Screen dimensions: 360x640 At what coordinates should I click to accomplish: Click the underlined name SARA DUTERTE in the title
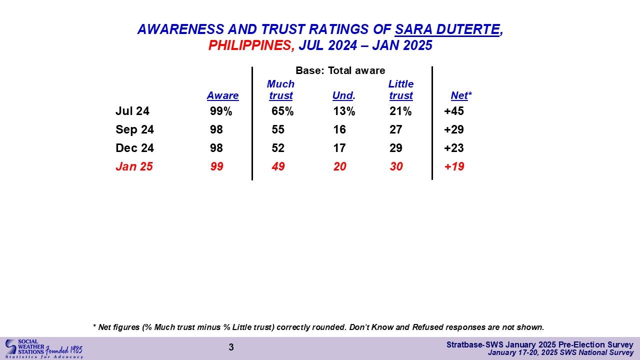coord(447,29)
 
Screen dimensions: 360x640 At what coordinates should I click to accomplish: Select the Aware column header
coord(222,95)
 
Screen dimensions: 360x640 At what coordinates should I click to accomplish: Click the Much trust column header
coord(280,89)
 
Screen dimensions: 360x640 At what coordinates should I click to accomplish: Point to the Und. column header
coord(343,95)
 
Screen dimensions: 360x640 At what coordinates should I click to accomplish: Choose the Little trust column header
coord(401,89)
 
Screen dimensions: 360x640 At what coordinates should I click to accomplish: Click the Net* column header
coord(461,95)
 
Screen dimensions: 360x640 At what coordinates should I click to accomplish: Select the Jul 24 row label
coord(132,111)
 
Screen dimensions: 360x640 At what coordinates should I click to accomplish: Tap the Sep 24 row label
coord(134,130)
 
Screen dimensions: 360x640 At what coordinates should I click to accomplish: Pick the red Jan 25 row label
coord(134,167)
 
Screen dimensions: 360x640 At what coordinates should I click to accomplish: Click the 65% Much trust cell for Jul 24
coord(282,111)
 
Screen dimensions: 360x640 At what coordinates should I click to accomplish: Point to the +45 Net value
coord(454,111)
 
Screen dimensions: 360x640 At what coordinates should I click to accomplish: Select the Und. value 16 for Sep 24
coord(339,130)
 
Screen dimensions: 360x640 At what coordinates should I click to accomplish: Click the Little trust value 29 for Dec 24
coord(396,148)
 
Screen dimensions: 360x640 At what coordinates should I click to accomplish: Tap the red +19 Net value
coord(454,167)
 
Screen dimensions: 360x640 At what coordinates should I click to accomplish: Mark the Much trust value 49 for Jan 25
coord(278,167)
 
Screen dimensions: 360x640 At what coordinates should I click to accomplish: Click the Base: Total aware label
coord(340,71)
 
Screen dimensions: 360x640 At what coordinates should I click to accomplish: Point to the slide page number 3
coord(231,347)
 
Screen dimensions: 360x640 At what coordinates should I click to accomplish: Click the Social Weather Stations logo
coord(43,348)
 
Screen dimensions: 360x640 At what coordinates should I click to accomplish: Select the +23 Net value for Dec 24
coord(454,148)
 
